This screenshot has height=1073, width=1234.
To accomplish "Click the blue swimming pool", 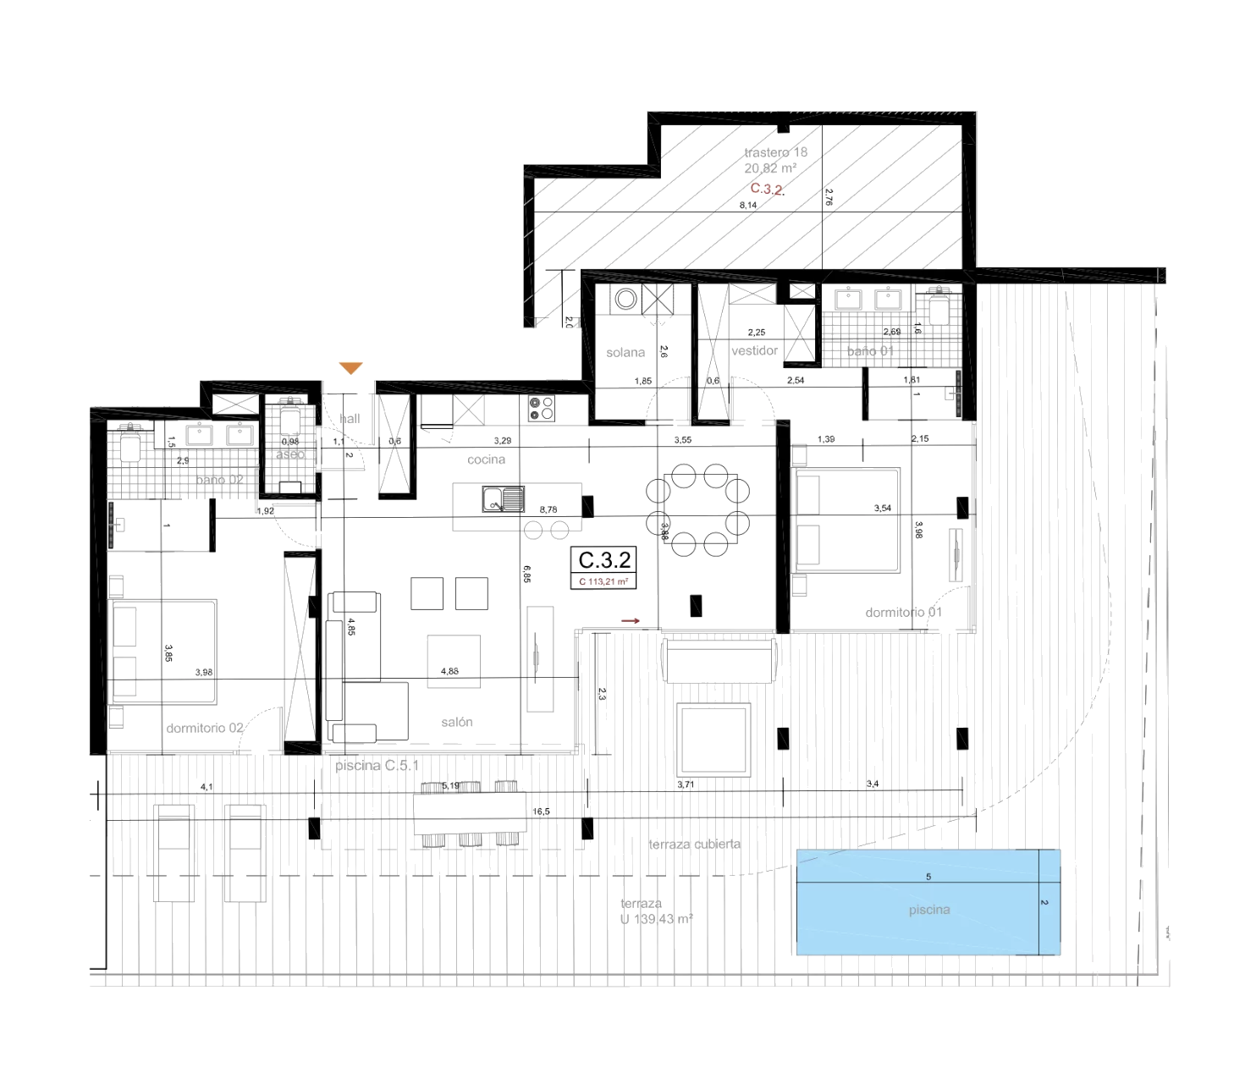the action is [x=928, y=902].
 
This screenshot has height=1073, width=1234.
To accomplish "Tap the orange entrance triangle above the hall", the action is [x=350, y=368].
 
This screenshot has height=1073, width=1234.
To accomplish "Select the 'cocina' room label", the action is [x=486, y=459].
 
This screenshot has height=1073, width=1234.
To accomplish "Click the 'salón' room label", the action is [x=456, y=722].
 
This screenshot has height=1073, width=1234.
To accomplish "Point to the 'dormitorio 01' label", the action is [x=903, y=612].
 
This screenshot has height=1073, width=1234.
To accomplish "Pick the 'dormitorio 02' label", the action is [x=205, y=728].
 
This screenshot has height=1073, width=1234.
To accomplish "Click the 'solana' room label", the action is [x=625, y=352].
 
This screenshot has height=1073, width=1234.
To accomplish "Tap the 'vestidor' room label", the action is [x=754, y=350].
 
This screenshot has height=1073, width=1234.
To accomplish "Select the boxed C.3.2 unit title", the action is [x=604, y=560].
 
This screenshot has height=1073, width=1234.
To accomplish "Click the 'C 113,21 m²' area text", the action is [x=603, y=581].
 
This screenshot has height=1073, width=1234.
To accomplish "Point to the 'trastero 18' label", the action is [x=775, y=152].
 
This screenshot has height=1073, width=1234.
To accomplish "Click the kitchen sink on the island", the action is [x=503, y=499].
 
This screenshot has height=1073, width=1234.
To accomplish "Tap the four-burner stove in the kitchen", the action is [x=542, y=409].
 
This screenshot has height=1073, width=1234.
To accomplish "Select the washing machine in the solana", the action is [x=625, y=299].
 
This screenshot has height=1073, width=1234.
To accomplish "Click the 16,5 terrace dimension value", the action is [x=541, y=812].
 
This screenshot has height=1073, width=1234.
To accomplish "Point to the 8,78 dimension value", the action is [x=548, y=509].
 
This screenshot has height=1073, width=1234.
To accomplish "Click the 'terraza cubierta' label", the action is [x=694, y=844].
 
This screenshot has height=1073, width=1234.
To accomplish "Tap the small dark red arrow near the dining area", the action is [x=631, y=621].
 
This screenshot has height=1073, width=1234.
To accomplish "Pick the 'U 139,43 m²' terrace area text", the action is [x=656, y=919].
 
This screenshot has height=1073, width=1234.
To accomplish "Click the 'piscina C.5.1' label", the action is [x=377, y=765].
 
